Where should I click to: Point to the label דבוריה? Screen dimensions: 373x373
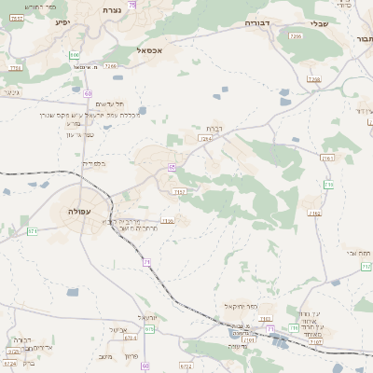click(256, 21)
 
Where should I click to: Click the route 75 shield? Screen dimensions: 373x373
click(132, 6)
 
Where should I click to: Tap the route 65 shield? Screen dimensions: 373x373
click(173, 167)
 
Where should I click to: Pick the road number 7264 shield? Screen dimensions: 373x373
click(205, 138)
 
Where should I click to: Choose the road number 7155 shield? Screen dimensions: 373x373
click(168, 221)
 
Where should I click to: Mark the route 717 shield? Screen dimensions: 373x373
click(328, 185)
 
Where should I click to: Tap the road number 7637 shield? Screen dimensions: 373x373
click(17, 18)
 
